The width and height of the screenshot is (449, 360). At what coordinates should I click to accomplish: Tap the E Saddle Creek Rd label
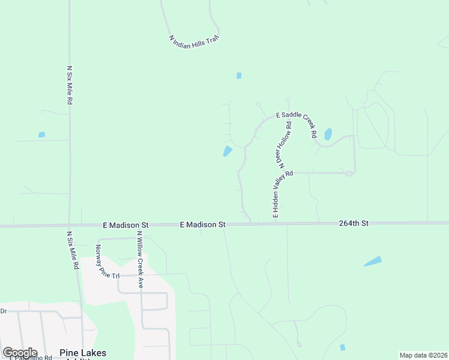point(296,124)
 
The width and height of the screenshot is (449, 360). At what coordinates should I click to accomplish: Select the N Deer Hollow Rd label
point(284,145)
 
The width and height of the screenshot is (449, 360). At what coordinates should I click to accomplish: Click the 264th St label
point(353,223)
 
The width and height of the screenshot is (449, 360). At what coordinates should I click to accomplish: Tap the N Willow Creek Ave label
point(139,260)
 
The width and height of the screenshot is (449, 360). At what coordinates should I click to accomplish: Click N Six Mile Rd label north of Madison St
point(70,85)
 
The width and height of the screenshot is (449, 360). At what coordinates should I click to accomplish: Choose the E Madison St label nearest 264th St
point(202,224)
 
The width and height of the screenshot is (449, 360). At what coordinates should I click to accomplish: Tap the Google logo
point(20,353)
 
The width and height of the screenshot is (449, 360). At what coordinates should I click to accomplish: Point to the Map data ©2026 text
point(423,355)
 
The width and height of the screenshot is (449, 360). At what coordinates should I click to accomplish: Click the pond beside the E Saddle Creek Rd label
point(328,134)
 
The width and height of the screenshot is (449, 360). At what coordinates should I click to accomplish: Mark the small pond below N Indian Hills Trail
point(239,76)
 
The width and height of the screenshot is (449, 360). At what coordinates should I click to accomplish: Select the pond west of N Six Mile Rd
point(41,134)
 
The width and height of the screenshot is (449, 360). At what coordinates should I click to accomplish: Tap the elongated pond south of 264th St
point(372,261)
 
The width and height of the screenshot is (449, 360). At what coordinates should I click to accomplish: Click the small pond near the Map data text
point(343,347)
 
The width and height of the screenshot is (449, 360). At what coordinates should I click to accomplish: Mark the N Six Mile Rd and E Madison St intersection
point(69,226)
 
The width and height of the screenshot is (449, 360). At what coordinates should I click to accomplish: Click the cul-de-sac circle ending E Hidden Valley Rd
point(349,173)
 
